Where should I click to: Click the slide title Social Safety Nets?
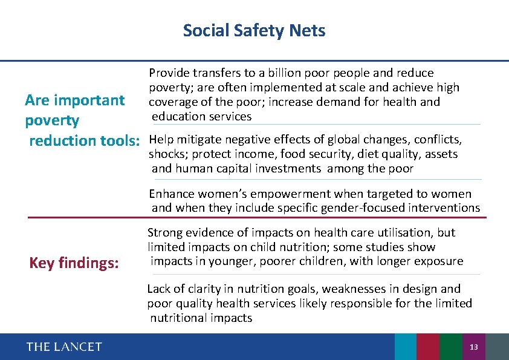pos(254,30)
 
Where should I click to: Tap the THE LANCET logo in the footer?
pos(64,347)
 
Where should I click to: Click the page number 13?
pos(474,347)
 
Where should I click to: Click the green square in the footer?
pos(450,347)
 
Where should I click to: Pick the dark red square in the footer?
pos(428,347)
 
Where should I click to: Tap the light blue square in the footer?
pos(405,347)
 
